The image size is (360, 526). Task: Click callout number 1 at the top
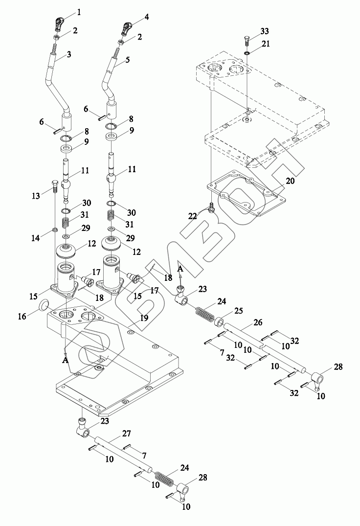79,13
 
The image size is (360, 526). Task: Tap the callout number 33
265,31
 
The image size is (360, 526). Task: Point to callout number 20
290,181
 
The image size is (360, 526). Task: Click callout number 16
22,317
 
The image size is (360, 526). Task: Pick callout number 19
144,318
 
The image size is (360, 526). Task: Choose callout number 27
126,434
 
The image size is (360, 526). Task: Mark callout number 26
258,323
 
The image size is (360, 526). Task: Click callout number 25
239,312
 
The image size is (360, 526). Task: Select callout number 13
36,196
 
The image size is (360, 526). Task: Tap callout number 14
36,238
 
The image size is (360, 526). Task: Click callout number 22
192,216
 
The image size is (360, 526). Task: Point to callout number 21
266,44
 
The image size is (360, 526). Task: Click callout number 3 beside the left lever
68,54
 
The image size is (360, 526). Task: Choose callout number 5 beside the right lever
127,60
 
